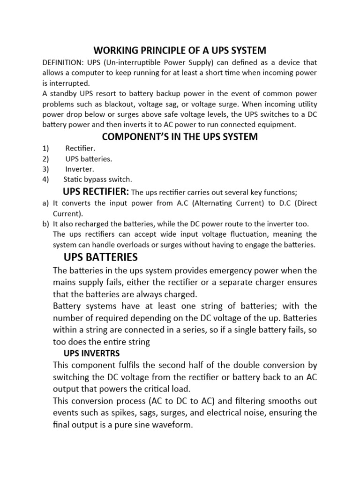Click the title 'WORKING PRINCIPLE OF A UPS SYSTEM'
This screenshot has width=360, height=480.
click(180, 50)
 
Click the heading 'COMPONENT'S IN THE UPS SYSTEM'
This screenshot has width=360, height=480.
click(180, 137)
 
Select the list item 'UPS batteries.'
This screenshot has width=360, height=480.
click(89, 159)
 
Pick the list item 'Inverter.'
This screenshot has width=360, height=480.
click(80, 169)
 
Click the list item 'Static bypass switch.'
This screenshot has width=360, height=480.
click(98, 179)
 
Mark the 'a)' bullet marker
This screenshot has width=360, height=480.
click(45, 203)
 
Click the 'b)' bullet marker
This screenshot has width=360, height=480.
click(45, 224)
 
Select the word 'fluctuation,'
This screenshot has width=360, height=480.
click(248, 234)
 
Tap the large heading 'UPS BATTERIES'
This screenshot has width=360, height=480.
click(100, 257)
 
